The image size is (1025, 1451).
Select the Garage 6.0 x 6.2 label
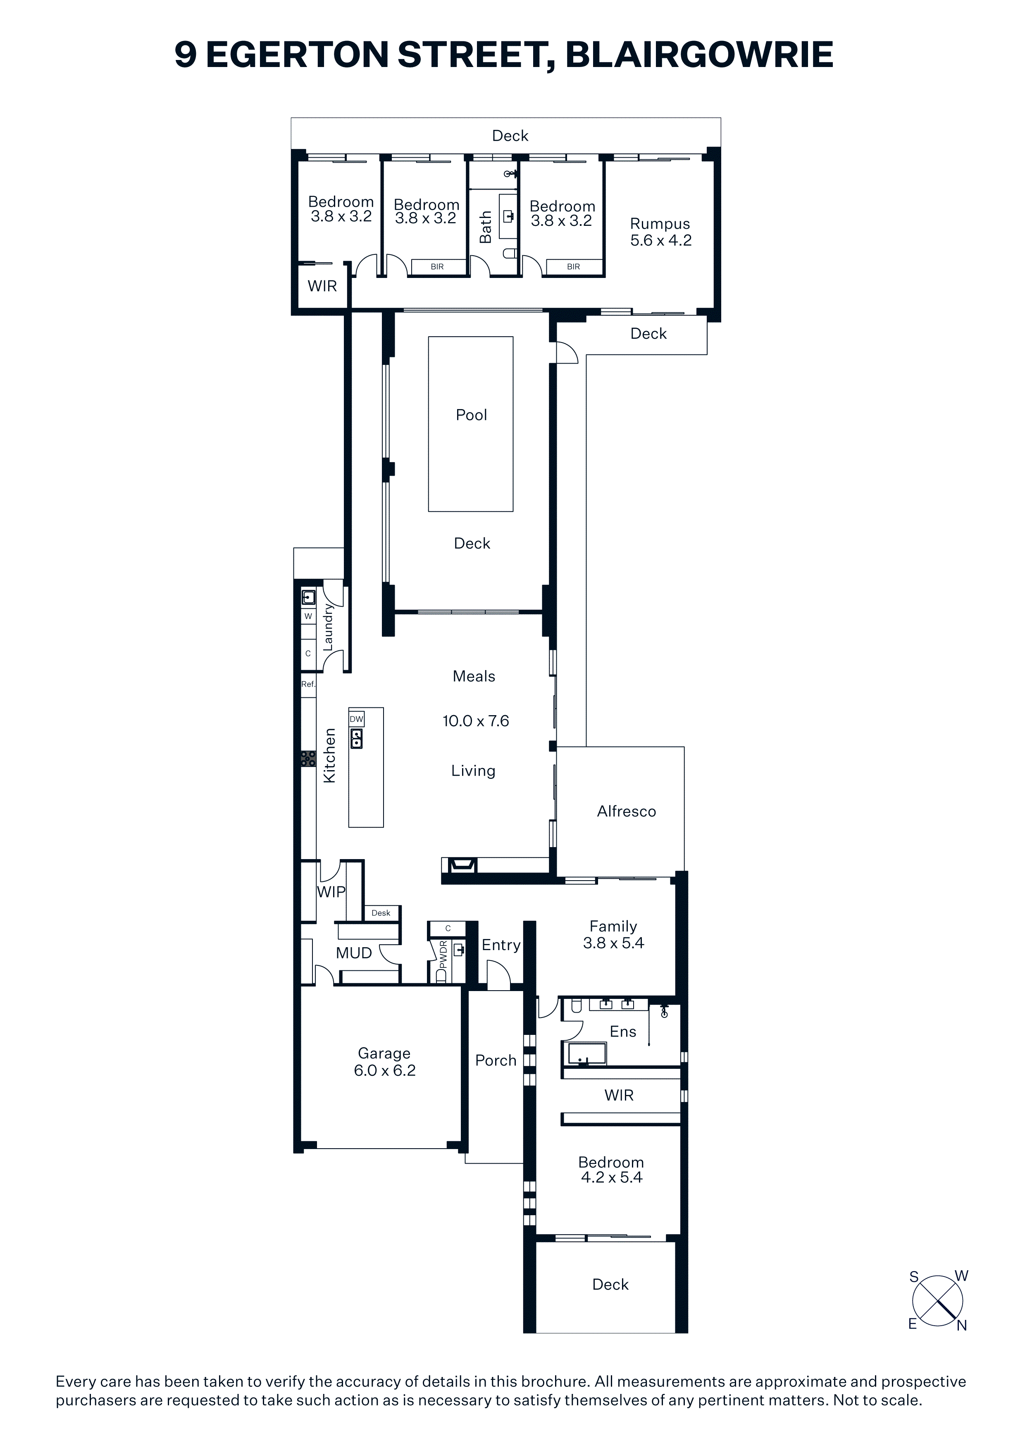coord(385,1062)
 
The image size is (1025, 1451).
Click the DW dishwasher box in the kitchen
coord(357,718)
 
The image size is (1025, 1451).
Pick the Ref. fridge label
coord(308,684)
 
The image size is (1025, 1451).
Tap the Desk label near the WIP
coord(381,912)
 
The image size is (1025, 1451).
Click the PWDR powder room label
coord(443,955)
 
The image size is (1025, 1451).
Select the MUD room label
coord(354,953)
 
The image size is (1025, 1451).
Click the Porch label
coord(496,1061)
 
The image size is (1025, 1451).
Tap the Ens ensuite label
coord(623,1031)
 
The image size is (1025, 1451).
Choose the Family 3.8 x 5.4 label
coord(613,935)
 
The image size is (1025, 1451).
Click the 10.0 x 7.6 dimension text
coord(476,721)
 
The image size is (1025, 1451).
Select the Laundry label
coord(328,627)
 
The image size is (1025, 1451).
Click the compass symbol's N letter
coord(962,1326)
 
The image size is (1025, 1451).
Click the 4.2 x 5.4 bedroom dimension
coord(611,1177)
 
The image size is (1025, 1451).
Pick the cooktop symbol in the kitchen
coord(308,758)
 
